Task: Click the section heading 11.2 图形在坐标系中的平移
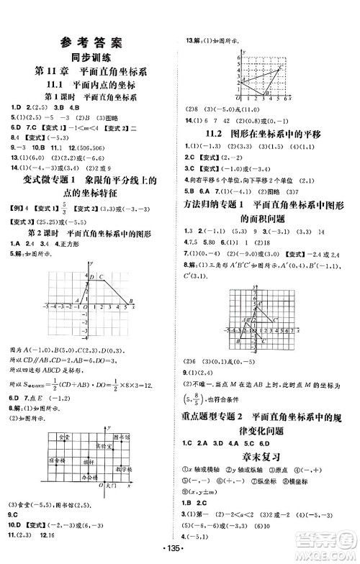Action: [270, 133]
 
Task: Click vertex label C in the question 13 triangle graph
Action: [280, 65]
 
